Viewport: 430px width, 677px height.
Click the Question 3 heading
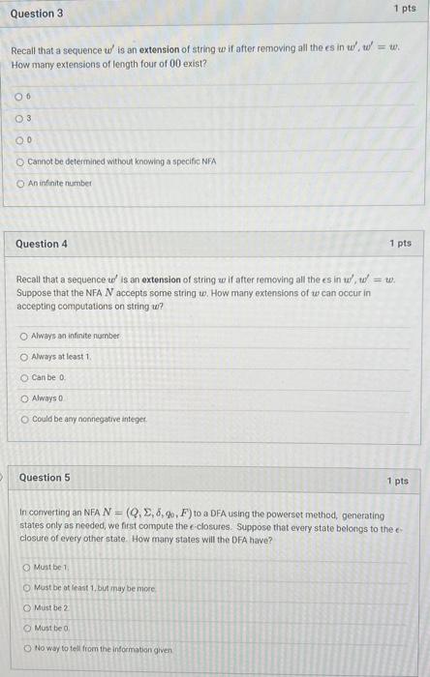[37, 14]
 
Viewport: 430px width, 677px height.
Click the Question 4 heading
[43, 244]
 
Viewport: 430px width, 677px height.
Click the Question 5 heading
[45, 478]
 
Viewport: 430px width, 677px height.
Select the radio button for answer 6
[18, 96]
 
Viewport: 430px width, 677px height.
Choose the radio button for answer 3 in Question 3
[18, 117]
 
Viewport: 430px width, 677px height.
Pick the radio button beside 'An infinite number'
[18, 182]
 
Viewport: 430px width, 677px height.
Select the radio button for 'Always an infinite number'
[24, 336]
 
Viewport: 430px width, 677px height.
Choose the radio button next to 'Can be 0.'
[24, 376]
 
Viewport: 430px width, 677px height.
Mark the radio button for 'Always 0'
[24, 397]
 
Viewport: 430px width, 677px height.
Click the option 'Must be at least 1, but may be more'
[95, 587]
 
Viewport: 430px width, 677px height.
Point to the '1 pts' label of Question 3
[405, 9]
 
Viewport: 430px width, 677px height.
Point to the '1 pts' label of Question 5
[397, 481]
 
